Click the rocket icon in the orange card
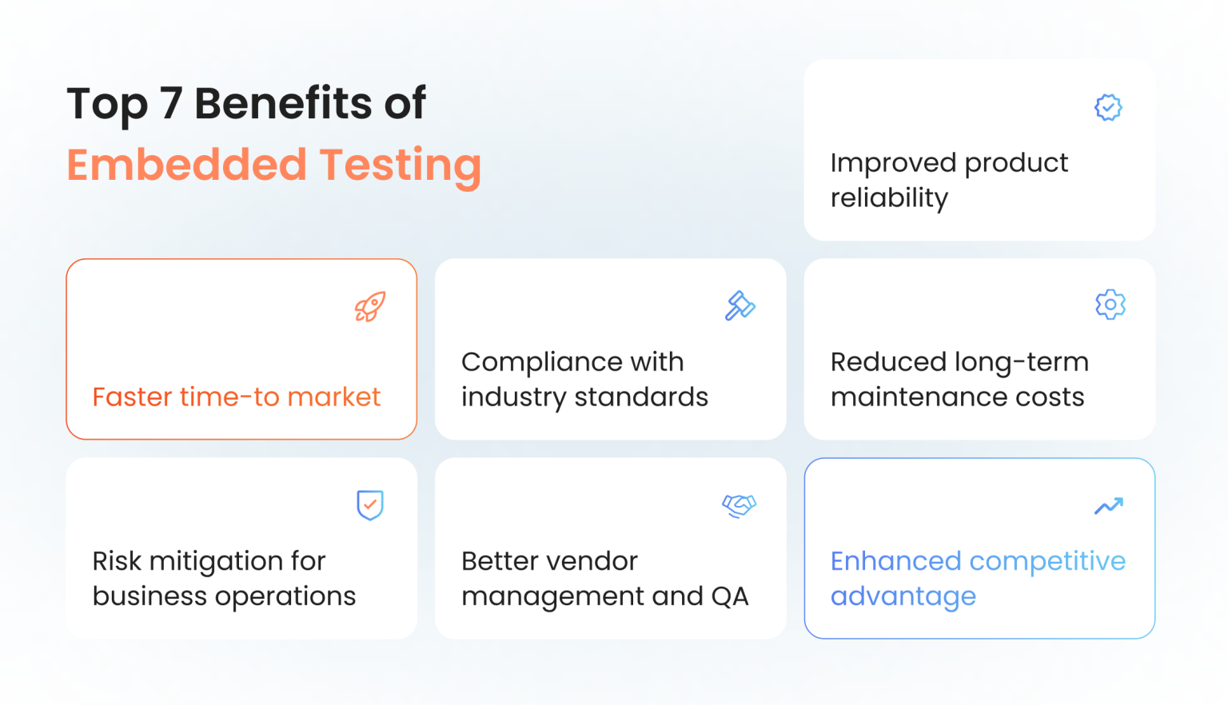370,307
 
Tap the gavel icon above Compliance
740,305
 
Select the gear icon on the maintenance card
1110,305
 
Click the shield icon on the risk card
370,505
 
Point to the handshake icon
740,505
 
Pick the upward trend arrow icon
1109,506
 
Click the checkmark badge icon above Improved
1108,107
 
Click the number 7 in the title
171,104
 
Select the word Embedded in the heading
186,165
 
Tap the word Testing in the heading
401,166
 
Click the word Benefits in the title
282,104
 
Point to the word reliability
889,198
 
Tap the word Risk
117,561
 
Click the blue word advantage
903,597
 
